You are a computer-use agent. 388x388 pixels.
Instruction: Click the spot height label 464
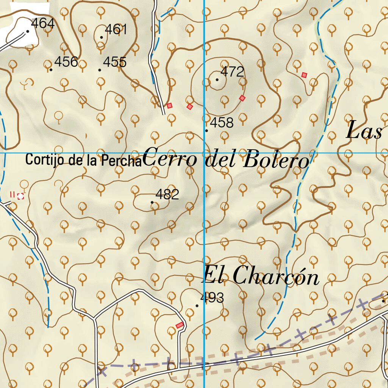(43, 24)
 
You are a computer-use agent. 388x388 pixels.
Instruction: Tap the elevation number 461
(116, 30)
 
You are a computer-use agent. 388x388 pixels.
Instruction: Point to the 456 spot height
(66, 62)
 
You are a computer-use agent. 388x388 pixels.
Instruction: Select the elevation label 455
(115, 62)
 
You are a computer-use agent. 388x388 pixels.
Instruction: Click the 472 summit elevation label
(232, 72)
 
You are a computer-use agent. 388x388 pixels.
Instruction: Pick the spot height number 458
(222, 123)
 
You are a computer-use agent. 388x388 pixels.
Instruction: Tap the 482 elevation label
(167, 195)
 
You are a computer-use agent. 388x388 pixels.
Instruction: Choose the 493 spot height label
(212, 298)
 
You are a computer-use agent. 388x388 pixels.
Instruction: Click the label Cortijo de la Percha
(83, 160)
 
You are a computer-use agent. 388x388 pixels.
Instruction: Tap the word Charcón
(275, 276)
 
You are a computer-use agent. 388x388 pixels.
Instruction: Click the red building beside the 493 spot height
(180, 325)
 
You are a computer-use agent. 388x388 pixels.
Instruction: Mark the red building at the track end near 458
(169, 106)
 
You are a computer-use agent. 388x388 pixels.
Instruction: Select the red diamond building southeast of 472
(242, 99)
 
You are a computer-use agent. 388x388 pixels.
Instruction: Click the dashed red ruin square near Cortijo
(20, 196)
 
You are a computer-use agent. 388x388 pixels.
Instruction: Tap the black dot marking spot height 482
(152, 202)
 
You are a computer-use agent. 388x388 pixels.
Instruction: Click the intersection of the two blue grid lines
(204, 153)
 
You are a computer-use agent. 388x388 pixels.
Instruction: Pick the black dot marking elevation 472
(217, 80)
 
